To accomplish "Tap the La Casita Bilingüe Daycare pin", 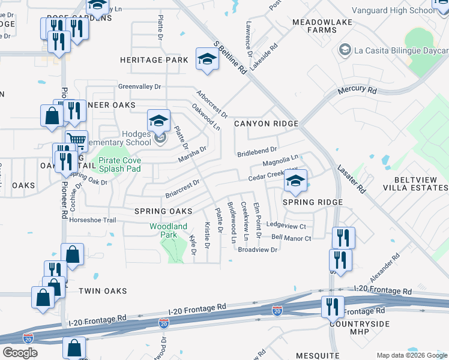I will tap(345, 49).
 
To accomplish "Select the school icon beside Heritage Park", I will tap(207, 59).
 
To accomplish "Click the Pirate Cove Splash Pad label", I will tap(119, 164).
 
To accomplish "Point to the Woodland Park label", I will tap(169, 230).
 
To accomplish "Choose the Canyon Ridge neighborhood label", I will tap(266, 124).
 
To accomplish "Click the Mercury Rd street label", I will tap(357, 91).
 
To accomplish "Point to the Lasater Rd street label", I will tap(351, 179).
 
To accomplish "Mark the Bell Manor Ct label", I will tap(291, 238).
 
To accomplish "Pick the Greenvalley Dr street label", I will tap(139, 86).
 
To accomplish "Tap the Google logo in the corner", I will tap(20, 352).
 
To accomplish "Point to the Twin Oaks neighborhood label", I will tap(103, 291).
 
